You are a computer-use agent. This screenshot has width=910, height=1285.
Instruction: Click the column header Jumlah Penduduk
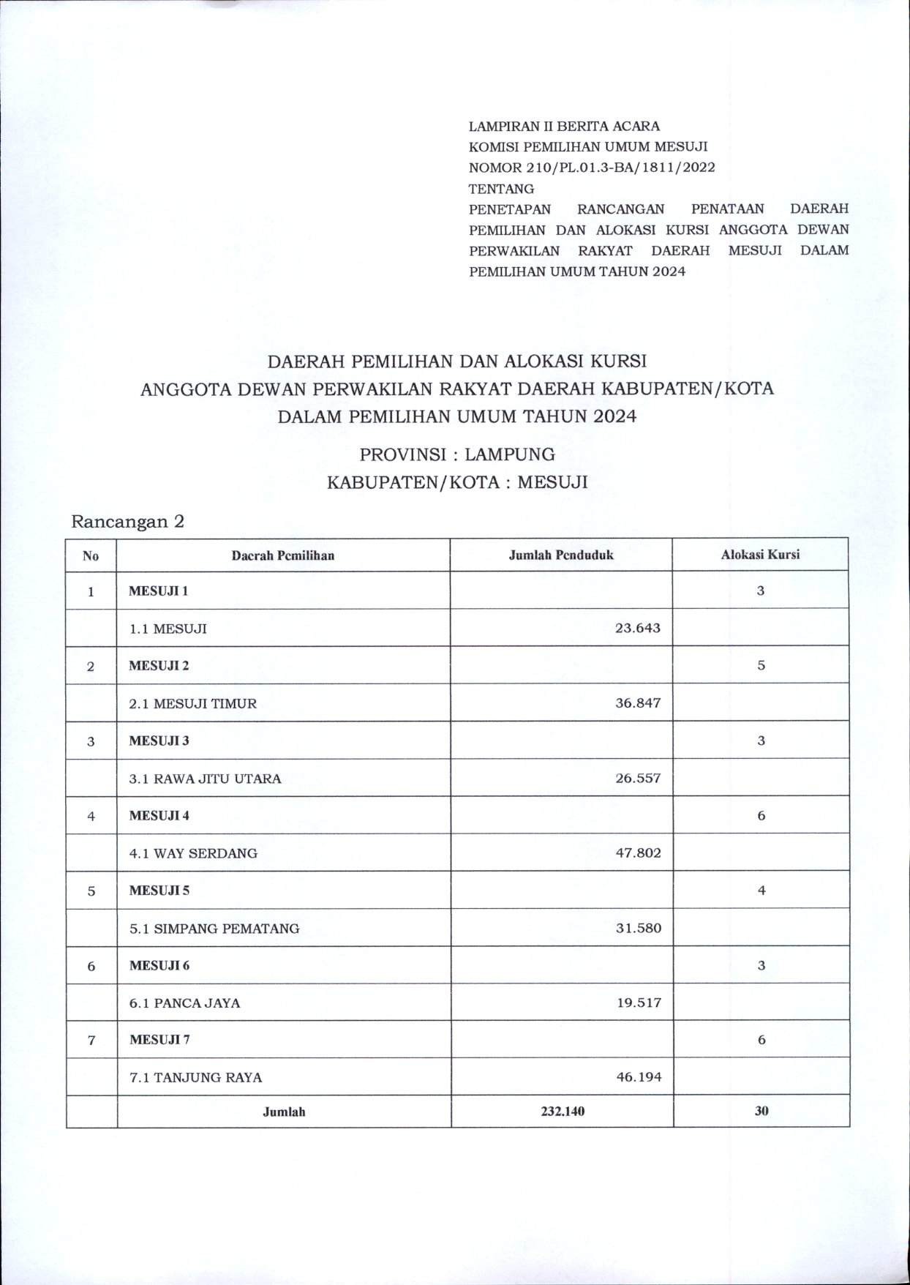[x=561, y=555]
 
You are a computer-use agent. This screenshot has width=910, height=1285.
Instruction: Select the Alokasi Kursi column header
[x=760, y=555]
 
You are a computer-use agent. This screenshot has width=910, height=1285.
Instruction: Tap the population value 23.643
[x=639, y=628]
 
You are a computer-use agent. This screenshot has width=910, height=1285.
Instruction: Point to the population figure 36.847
[x=639, y=703]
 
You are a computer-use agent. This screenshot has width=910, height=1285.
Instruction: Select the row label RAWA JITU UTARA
[x=205, y=779]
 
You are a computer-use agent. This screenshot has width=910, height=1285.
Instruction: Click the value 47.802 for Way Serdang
[x=639, y=853]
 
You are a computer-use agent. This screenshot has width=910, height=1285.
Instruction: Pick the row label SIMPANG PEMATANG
[x=214, y=929]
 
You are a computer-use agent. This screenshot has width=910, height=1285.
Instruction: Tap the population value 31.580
[x=639, y=929]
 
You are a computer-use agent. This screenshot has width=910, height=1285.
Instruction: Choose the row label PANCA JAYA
[x=184, y=1003]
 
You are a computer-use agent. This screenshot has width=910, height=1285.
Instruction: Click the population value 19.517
[x=639, y=1003]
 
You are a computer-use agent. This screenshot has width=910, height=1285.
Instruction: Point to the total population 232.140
[x=561, y=1111]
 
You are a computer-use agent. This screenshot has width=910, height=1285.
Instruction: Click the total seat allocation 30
[x=761, y=1111]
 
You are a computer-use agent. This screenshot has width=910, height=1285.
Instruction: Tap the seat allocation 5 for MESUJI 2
[x=761, y=666]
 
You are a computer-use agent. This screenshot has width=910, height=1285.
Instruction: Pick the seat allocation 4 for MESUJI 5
[x=761, y=891]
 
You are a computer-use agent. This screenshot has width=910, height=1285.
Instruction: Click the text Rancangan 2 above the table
[x=128, y=522]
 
